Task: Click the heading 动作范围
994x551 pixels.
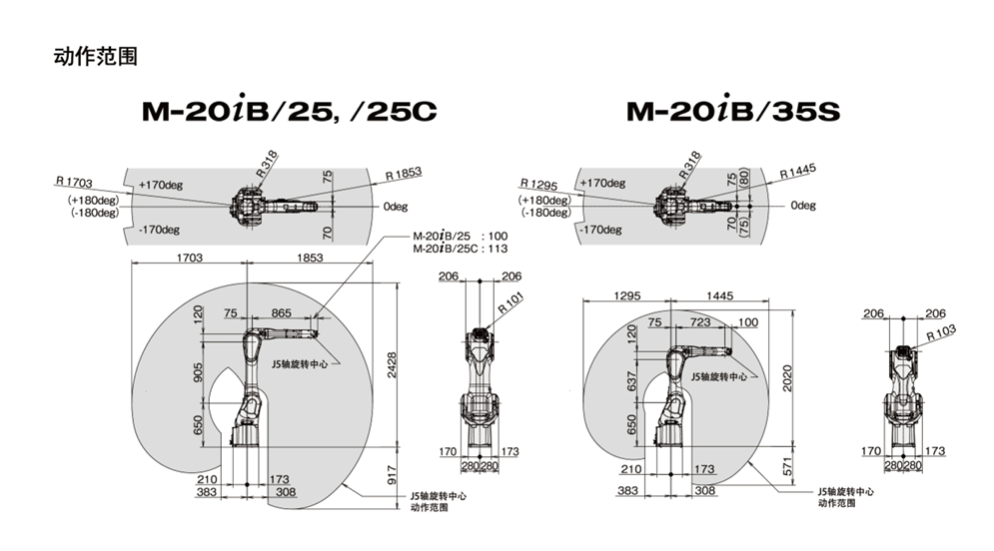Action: [96, 56]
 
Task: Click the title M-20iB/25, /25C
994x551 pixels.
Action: [290, 111]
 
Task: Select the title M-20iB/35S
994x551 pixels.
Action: [733, 111]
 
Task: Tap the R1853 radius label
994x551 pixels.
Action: [404, 174]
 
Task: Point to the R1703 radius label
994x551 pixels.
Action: [74, 183]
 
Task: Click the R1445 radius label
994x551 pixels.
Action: [798, 171]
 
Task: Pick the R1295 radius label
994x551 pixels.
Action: [538, 185]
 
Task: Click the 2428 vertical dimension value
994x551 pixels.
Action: [392, 365]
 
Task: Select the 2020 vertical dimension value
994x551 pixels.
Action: [787, 378]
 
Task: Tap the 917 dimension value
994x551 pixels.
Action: [392, 475]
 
